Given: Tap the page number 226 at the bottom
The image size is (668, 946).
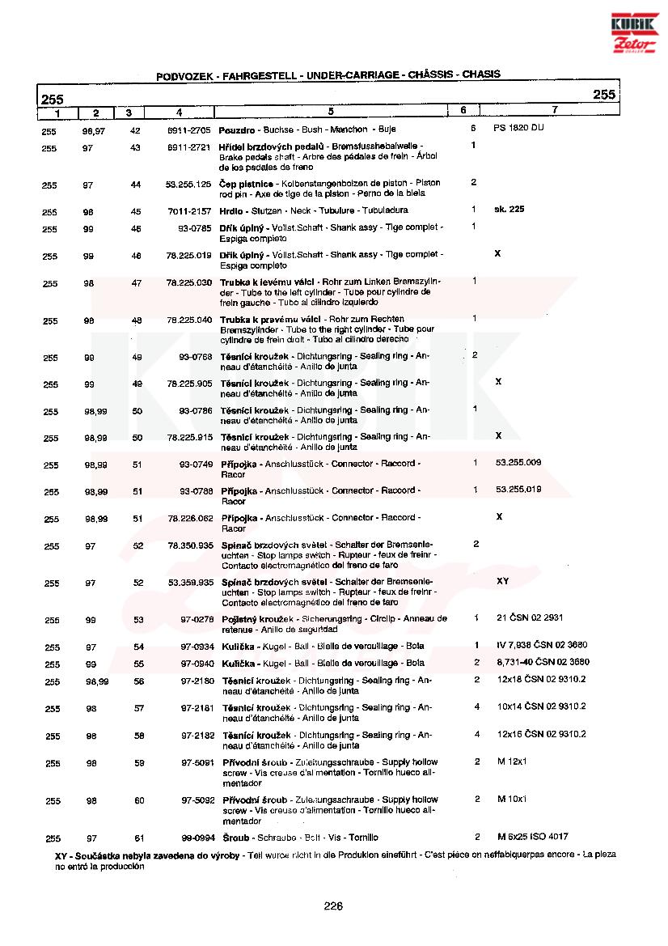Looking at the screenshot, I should pyautogui.click(x=333, y=906).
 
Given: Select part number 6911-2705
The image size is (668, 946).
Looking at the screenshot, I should pyautogui.click(x=189, y=129).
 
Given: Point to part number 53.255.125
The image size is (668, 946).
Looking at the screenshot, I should pyautogui.click(x=188, y=185).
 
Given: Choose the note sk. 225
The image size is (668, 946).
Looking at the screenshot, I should pyautogui.click(x=509, y=209).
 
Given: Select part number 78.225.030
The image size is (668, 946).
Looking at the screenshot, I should pyautogui.click(x=188, y=282).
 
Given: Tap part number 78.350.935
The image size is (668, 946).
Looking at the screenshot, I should pyautogui.click(x=190, y=545).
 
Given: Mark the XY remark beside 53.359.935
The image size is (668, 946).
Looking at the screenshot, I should pyautogui.click(x=502, y=581).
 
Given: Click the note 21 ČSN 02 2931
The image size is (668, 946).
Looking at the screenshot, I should pyautogui.click(x=530, y=618).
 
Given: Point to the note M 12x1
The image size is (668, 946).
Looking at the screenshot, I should pyautogui.click(x=512, y=761).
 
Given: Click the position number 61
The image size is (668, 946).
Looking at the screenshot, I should pyautogui.click(x=137, y=838).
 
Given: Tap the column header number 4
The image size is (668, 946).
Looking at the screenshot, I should pyautogui.click(x=179, y=111).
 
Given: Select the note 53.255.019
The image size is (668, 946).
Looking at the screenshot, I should pyautogui.click(x=518, y=489).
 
